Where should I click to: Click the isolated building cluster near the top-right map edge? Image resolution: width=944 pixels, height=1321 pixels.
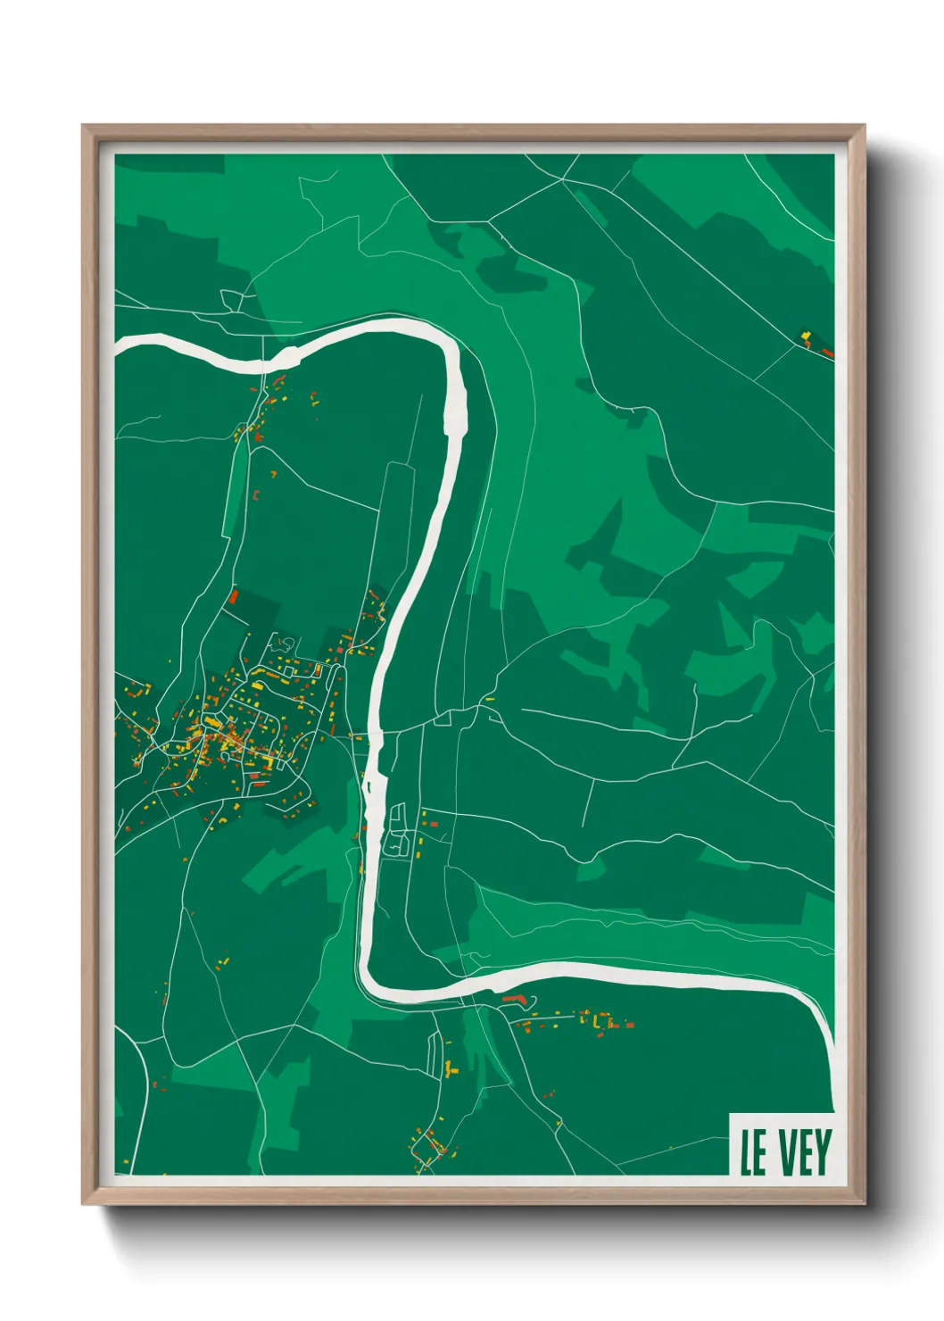814,343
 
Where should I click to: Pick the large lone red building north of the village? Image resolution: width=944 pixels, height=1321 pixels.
234,595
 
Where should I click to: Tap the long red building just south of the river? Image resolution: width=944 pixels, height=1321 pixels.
514,998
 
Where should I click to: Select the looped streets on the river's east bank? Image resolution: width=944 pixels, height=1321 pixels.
399,830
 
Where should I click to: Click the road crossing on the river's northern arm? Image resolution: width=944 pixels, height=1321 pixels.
265,364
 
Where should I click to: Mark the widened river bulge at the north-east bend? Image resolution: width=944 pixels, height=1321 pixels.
458,406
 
